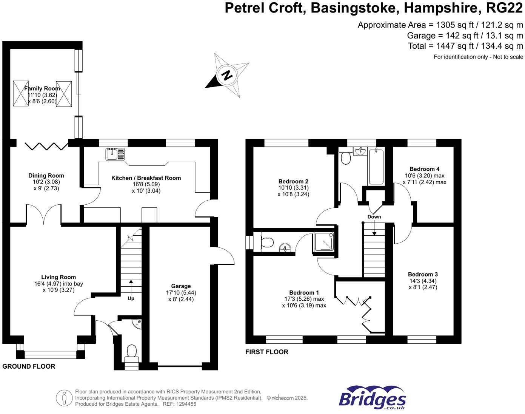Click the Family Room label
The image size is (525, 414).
[42, 88]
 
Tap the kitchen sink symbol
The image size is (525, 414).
[115, 154]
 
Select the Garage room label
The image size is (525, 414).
[181, 286]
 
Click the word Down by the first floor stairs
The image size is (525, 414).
[374, 217]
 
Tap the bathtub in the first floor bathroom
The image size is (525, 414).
[376, 167]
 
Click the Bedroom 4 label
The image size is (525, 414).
[424, 169]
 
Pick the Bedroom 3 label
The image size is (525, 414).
[423, 275]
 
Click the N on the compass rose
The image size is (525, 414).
[227, 75]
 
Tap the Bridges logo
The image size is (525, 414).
[372, 398]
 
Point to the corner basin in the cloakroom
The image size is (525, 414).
[137, 324]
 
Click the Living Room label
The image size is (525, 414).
[59, 277]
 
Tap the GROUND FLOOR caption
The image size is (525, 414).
[29, 366]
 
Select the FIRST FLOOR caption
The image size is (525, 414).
[267, 352]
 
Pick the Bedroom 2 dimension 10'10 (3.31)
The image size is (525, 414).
[293, 188]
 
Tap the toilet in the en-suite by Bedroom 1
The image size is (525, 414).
[267, 242]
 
